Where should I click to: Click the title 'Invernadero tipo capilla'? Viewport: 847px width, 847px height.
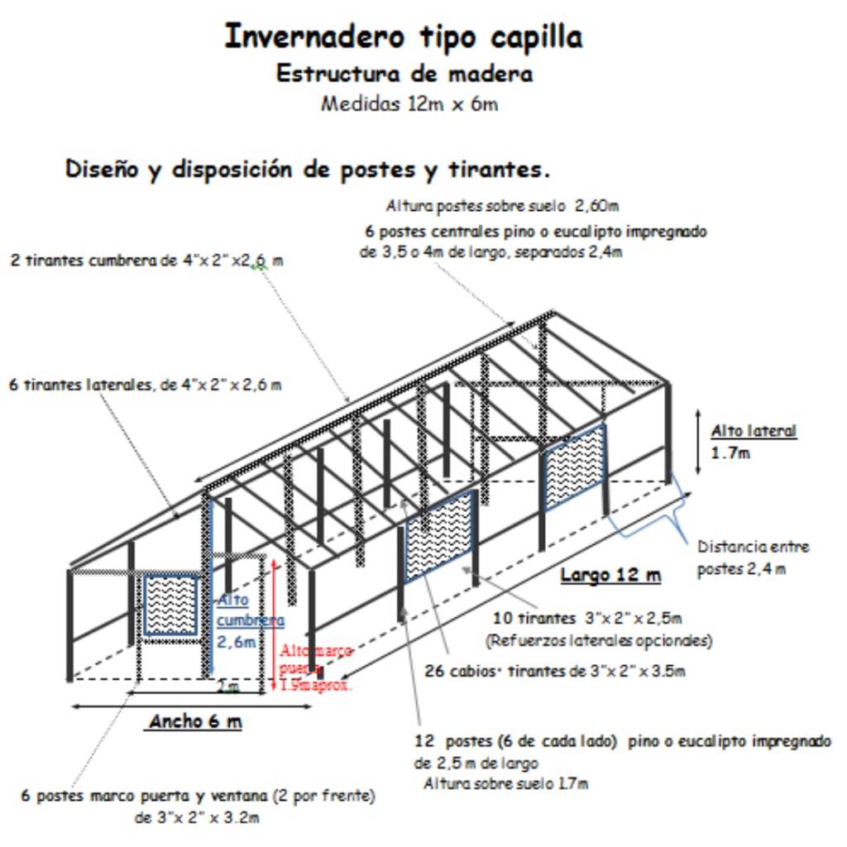point(403,37)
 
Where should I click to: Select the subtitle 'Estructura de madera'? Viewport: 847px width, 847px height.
point(404,74)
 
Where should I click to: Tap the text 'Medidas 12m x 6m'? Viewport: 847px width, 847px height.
point(409,105)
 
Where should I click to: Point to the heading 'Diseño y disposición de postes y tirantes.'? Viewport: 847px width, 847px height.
point(308,170)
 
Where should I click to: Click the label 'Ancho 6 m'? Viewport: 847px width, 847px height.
point(195,721)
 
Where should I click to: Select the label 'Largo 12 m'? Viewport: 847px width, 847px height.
point(610,575)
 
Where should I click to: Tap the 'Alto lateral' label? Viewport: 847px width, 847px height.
point(754,431)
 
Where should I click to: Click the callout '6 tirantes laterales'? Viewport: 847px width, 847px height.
point(146,385)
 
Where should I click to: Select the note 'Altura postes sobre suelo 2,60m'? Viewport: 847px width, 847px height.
point(514,206)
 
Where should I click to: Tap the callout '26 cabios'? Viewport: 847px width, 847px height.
point(554,671)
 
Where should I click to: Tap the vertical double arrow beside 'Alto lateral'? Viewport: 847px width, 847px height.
point(698,442)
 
